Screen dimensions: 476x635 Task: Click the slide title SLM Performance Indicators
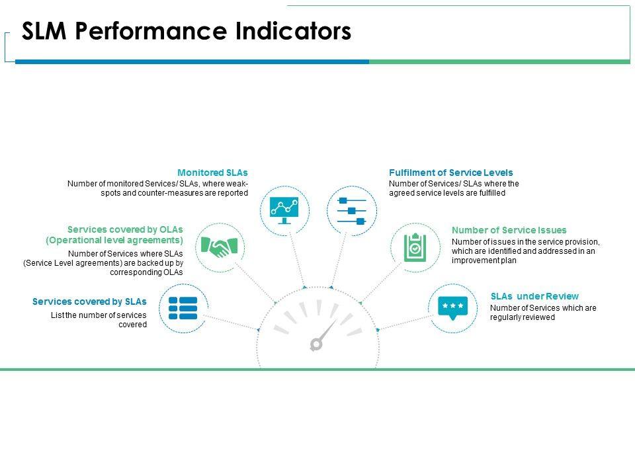(187, 32)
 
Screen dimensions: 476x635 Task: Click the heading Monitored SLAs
(212, 173)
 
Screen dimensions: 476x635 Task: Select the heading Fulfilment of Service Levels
(451, 173)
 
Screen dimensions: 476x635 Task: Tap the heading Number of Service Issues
(509, 230)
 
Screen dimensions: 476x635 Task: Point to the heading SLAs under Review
(534, 296)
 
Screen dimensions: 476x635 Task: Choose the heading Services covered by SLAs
(89, 301)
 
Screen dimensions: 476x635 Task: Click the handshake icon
(221, 248)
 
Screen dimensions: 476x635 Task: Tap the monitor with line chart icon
(284, 210)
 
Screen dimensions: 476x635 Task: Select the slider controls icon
(351, 211)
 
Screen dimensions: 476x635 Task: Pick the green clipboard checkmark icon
(414, 247)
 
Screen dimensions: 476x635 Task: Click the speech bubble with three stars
(452, 306)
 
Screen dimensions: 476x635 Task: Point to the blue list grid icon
(183, 308)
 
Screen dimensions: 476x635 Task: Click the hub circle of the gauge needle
(316, 344)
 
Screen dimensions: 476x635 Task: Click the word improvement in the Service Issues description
(472, 260)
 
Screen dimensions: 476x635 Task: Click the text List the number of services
(99, 315)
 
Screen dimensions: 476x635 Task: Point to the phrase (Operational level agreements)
(114, 240)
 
